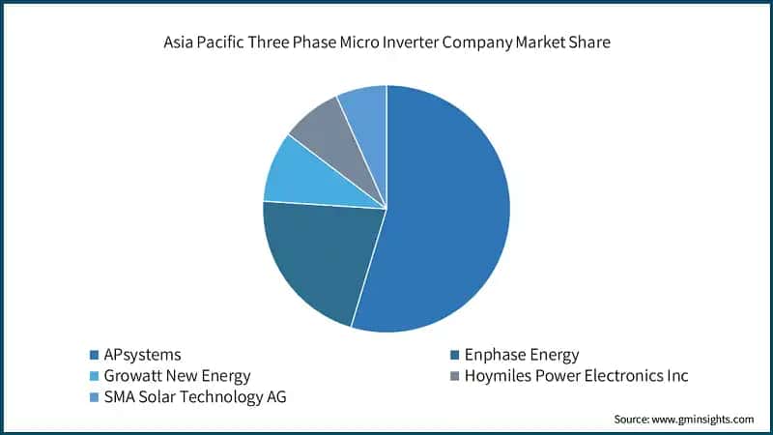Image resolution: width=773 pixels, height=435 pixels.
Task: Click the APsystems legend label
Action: [x=142, y=355]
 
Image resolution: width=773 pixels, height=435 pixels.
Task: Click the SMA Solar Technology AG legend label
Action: [x=195, y=396]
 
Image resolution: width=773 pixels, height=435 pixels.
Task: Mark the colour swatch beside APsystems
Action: [x=93, y=355]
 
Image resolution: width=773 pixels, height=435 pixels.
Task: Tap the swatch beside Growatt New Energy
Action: [x=93, y=375]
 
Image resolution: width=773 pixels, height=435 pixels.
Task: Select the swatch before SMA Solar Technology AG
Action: [x=93, y=396]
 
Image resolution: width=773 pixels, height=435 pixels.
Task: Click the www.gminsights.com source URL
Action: [x=703, y=420]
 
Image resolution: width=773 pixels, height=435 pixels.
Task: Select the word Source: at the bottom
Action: [x=633, y=420]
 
